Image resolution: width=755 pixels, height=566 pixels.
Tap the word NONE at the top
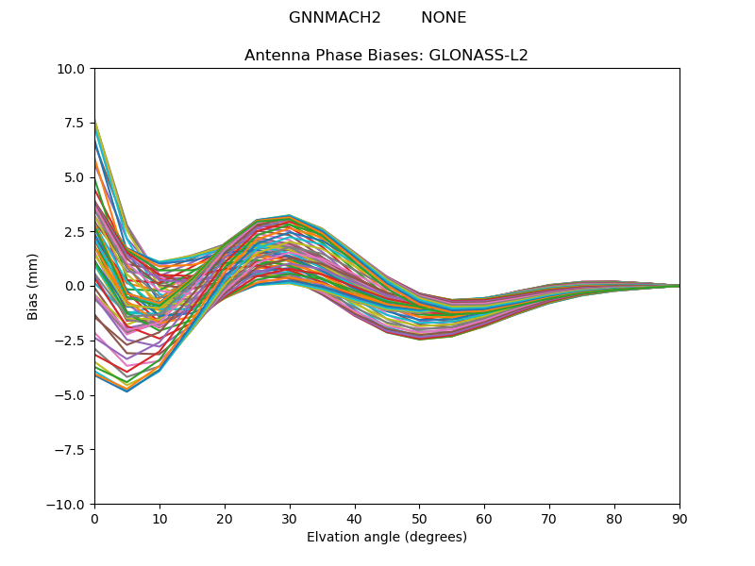point(444,18)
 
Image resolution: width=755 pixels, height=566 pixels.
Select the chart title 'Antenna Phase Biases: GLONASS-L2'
point(386,56)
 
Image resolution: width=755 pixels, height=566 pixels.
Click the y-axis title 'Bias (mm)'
point(33,286)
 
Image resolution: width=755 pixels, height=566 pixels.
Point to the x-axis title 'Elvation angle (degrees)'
point(387,538)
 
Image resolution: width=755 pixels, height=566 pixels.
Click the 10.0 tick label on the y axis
point(71,69)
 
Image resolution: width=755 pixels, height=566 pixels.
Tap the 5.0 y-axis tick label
point(75,177)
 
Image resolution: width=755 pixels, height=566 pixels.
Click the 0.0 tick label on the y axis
point(75,286)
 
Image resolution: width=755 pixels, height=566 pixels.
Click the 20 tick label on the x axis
point(225,518)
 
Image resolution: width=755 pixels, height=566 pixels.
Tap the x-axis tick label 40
point(355,518)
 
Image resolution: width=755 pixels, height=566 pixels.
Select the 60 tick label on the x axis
point(484,518)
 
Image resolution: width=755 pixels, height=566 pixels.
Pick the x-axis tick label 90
point(679,518)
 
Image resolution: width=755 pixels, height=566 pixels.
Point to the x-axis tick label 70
point(549,518)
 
